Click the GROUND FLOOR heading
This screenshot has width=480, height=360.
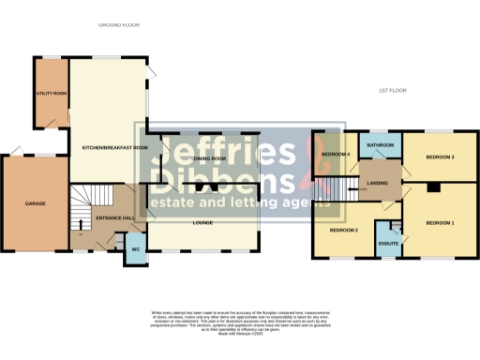click(x=119, y=25)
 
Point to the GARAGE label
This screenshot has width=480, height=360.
click(x=36, y=202)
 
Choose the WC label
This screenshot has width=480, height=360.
click(x=135, y=249)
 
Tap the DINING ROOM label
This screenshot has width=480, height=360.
click(x=209, y=159)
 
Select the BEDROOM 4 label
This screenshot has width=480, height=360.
click(x=335, y=154)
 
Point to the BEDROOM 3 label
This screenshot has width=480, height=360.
click(x=441, y=157)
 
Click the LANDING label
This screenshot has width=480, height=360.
click(x=378, y=183)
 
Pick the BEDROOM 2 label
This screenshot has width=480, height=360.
click(x=344, y=231)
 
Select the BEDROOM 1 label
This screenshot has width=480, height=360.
click(x=441, y=223)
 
